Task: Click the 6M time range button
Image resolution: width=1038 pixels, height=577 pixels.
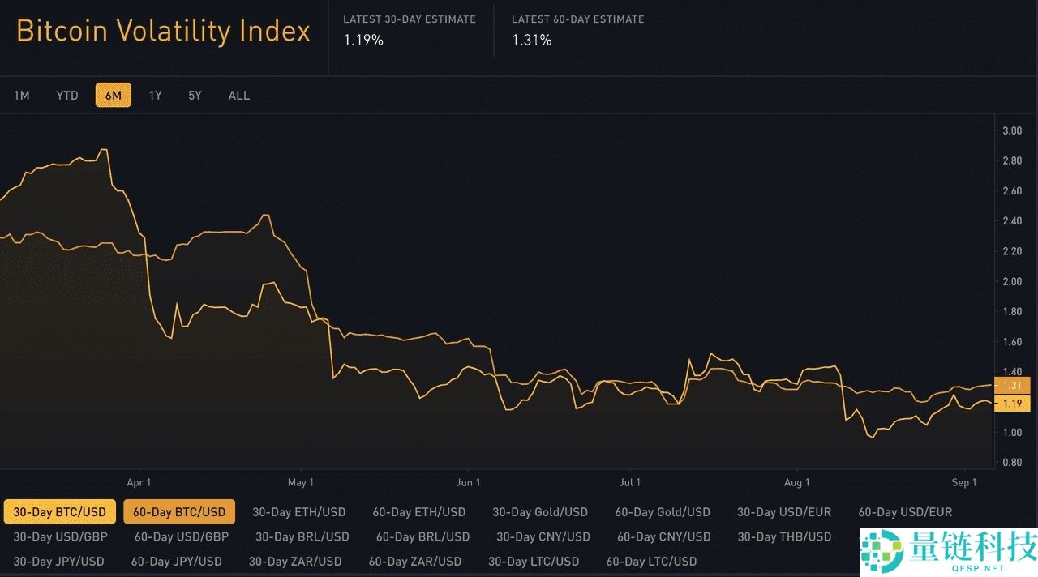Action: pos(113,96)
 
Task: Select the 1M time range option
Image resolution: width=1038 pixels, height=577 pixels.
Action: pos(22,96)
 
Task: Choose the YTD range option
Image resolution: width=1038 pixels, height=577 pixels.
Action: pos(67,96)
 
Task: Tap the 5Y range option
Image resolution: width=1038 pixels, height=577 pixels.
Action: pos(195,96)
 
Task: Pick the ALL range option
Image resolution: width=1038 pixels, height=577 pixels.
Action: pos(239,96)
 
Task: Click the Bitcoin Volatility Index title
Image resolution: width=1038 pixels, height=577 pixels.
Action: pos(163,32)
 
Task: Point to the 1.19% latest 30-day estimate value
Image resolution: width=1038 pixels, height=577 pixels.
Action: pos(363,40)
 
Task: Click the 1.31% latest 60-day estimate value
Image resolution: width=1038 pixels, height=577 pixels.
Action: pos(532,40)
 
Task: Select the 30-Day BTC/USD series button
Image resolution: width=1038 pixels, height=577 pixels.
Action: pos(59,512)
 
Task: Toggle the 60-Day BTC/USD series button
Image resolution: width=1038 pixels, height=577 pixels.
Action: pos(179,512)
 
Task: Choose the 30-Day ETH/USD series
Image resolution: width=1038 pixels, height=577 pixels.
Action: pos(298,512)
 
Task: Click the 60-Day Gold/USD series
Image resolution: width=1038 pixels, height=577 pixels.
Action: pos(662,512)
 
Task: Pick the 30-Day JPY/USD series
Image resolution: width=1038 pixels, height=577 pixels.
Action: pos(58,561)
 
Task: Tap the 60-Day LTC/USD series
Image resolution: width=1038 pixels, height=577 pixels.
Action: pos(651,561)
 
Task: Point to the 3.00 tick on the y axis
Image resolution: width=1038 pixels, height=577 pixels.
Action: pos(1012,130)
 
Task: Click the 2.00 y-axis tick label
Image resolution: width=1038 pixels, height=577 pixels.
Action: pos(1012,281)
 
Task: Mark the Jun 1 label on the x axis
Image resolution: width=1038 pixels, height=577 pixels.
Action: pos(469,483)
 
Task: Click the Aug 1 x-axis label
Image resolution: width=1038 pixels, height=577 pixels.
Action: pos(797,483)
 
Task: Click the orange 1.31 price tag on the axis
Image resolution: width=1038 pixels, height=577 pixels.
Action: pos(1011,386)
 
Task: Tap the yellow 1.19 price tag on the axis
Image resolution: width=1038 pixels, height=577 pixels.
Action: pos(1011,404)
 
